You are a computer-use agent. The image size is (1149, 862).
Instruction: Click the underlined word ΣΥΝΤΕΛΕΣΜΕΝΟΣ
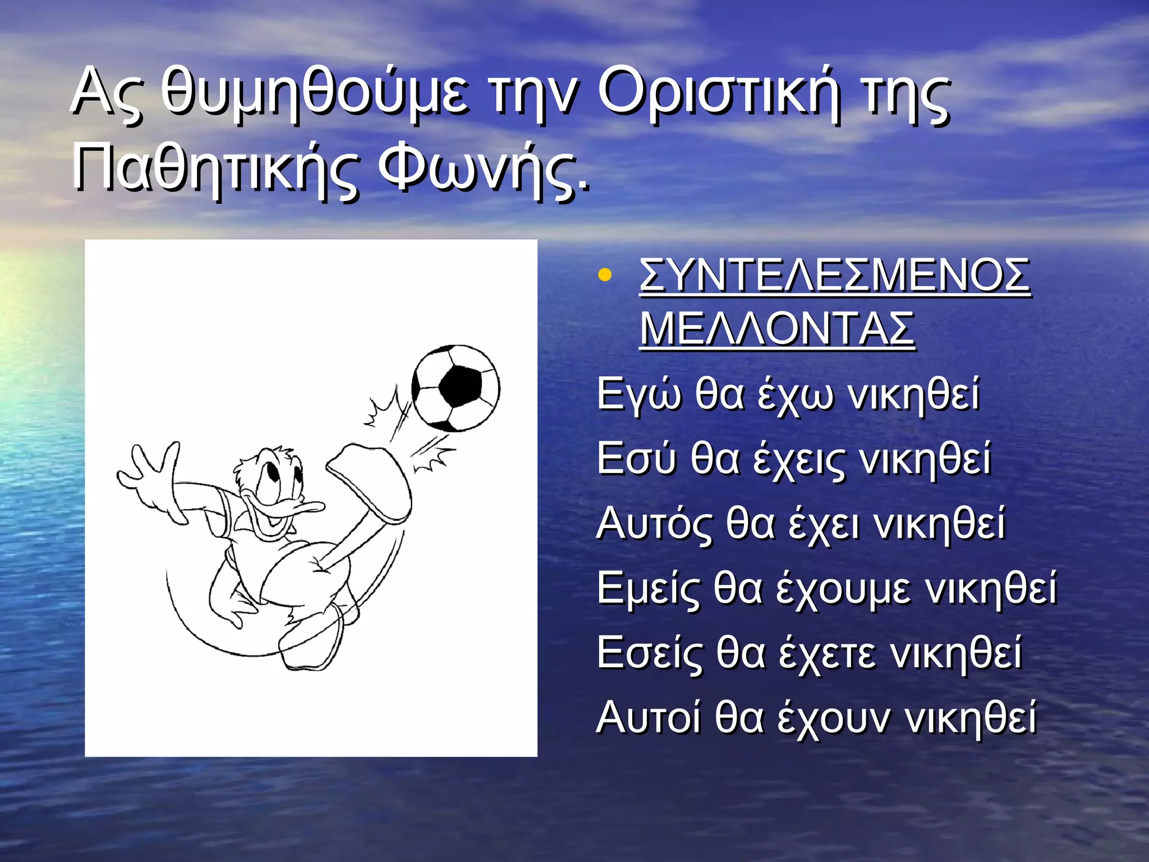point(835,275)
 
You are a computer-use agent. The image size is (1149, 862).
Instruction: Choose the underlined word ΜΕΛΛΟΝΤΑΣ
point(777,329)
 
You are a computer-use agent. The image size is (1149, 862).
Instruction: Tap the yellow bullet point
point(604,275)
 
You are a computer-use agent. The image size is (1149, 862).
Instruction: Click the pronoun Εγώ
point(640,395)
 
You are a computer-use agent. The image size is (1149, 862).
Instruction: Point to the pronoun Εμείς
point(648,589)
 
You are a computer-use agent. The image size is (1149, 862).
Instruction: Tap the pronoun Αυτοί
point(649,718)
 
